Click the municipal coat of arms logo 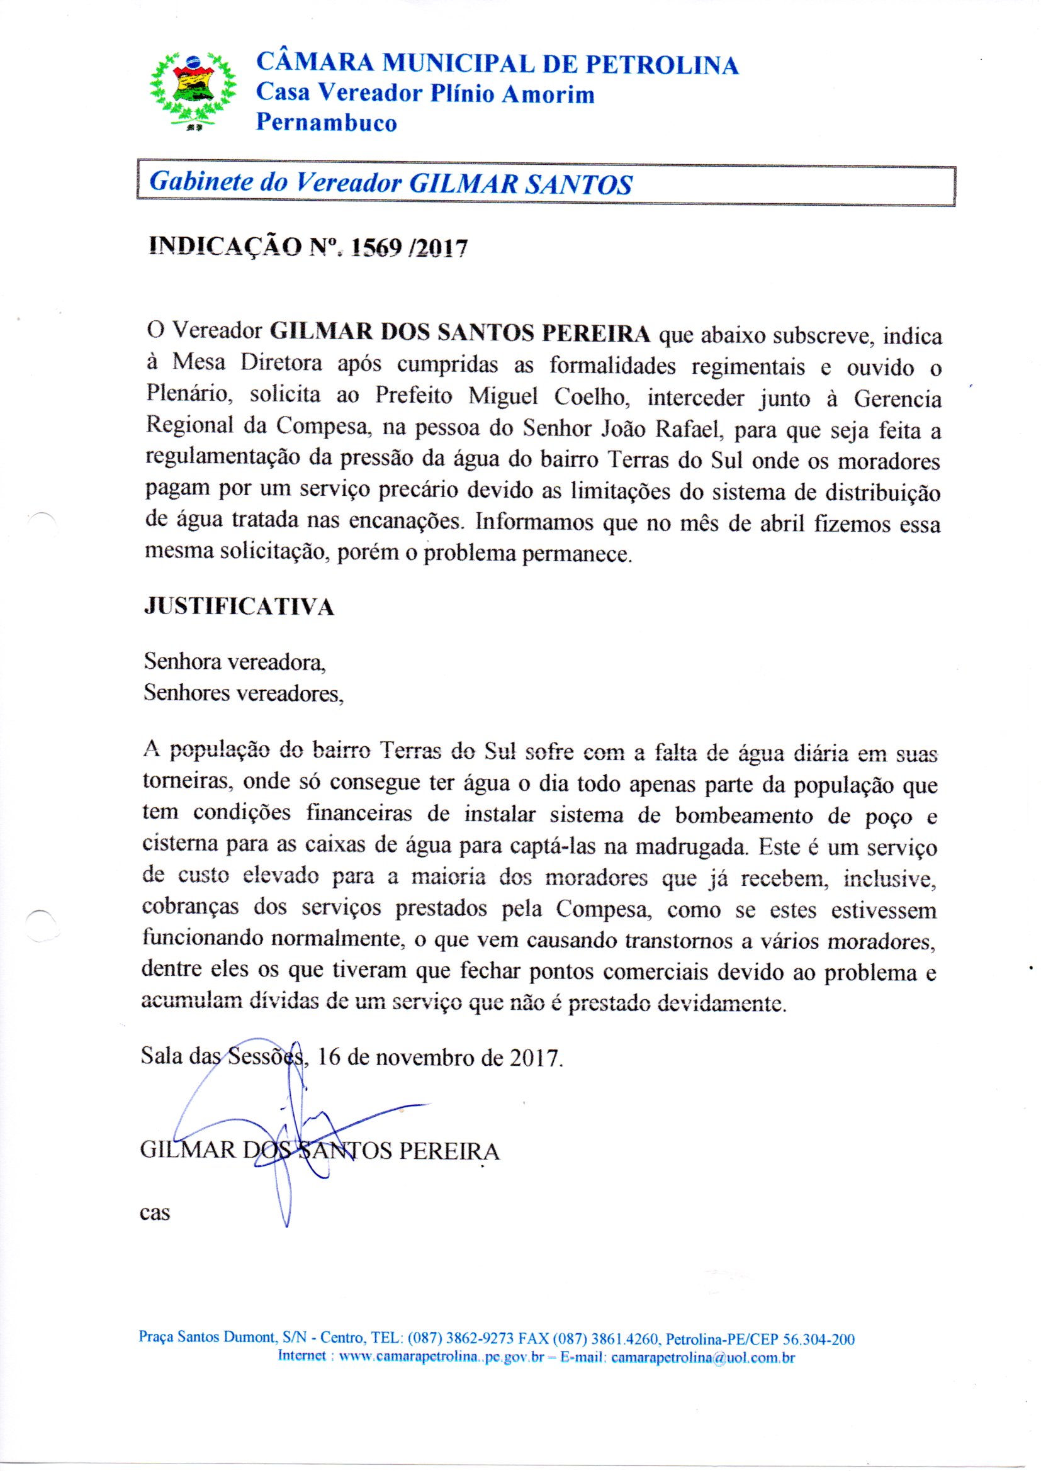(x=193, y=92)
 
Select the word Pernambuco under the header (x=326, y=121)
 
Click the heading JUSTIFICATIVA (x=239, y=607)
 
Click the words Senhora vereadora (x=235, y=663)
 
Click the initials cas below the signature (x=154, y=1213)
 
